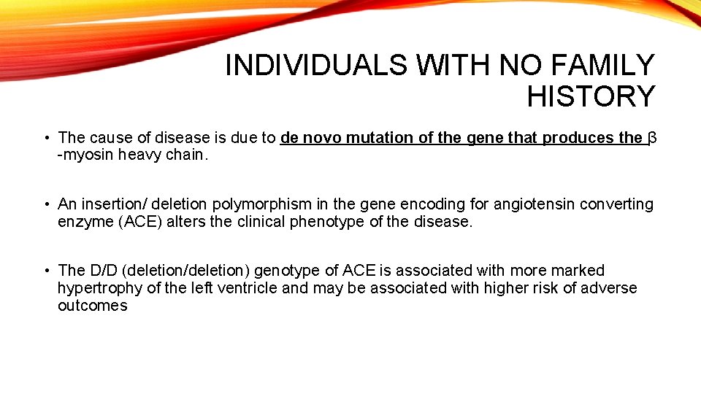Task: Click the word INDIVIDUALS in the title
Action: pyautogui.click(x=318, y=66)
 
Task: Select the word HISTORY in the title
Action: pyautogui.click(x=591, y=96)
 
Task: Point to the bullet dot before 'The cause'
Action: pyautogui.click(x=46, y=137)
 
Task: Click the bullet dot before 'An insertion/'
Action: pyautogui.click(x=46, y=204)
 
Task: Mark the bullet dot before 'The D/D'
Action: pyautogui.click(x=46, y=271)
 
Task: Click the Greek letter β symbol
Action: pyautogui.click(x=653, y=137)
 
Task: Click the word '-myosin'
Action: pyautogui.click(x=83, y=155)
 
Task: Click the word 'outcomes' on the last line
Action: pyautogui.click(x=92, y=306)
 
